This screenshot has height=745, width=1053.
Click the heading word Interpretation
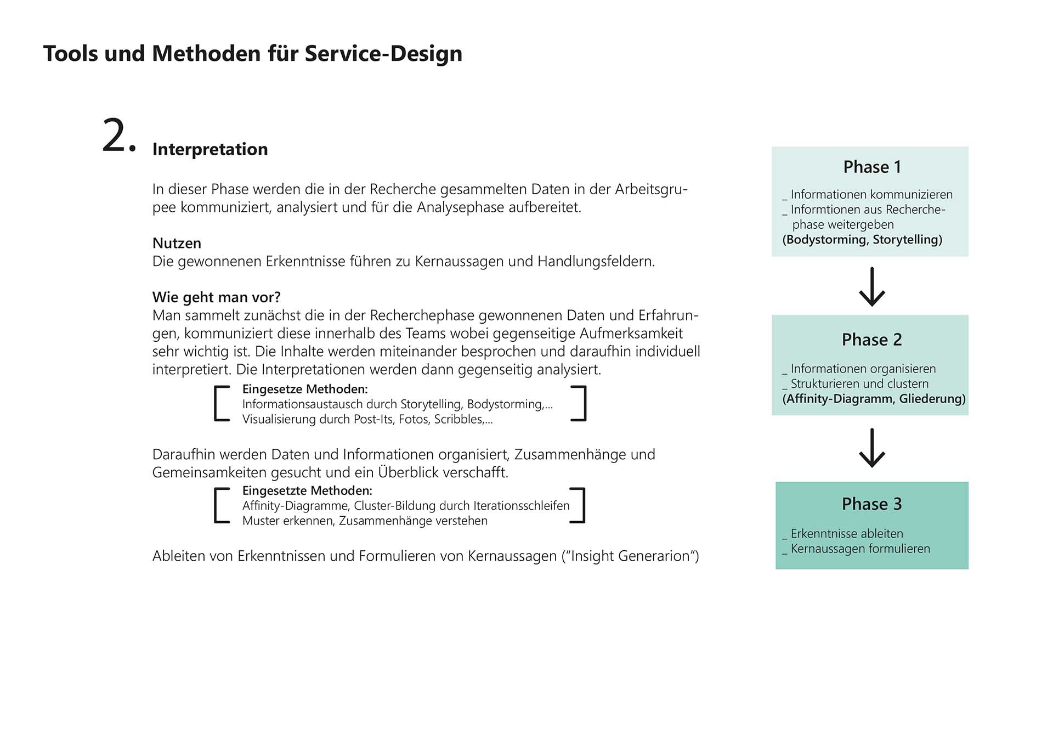[x=210, y=149]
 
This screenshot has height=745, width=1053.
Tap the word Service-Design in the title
[x=383, y=54]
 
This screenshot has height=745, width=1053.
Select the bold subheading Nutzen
[x=177, y=243]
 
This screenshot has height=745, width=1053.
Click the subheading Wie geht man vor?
[x=216, y=297]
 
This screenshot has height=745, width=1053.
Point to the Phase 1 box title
[x=872, y=167]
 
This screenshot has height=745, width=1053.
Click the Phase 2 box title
[x=871, y=340]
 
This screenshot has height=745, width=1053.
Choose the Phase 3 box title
[x=871, y=504]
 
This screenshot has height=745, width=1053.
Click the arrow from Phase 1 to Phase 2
[x=872, y=286]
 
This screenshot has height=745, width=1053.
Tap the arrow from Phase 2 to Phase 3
[x=872, y=448]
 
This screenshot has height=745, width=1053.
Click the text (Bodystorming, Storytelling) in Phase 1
[x=862, y=240]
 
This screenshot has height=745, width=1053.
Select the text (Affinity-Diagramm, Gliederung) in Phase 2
[x=874, y=399]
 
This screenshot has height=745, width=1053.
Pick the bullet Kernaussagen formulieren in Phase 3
[x=860, y=549]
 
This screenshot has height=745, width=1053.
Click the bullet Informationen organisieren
[x=863, y=369]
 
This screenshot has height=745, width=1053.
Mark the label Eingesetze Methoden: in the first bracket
[x=305, y=389]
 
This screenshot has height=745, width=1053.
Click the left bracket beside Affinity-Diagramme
[x=221, y=505]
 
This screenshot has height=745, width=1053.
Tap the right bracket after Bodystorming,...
[x=579, y=403]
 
